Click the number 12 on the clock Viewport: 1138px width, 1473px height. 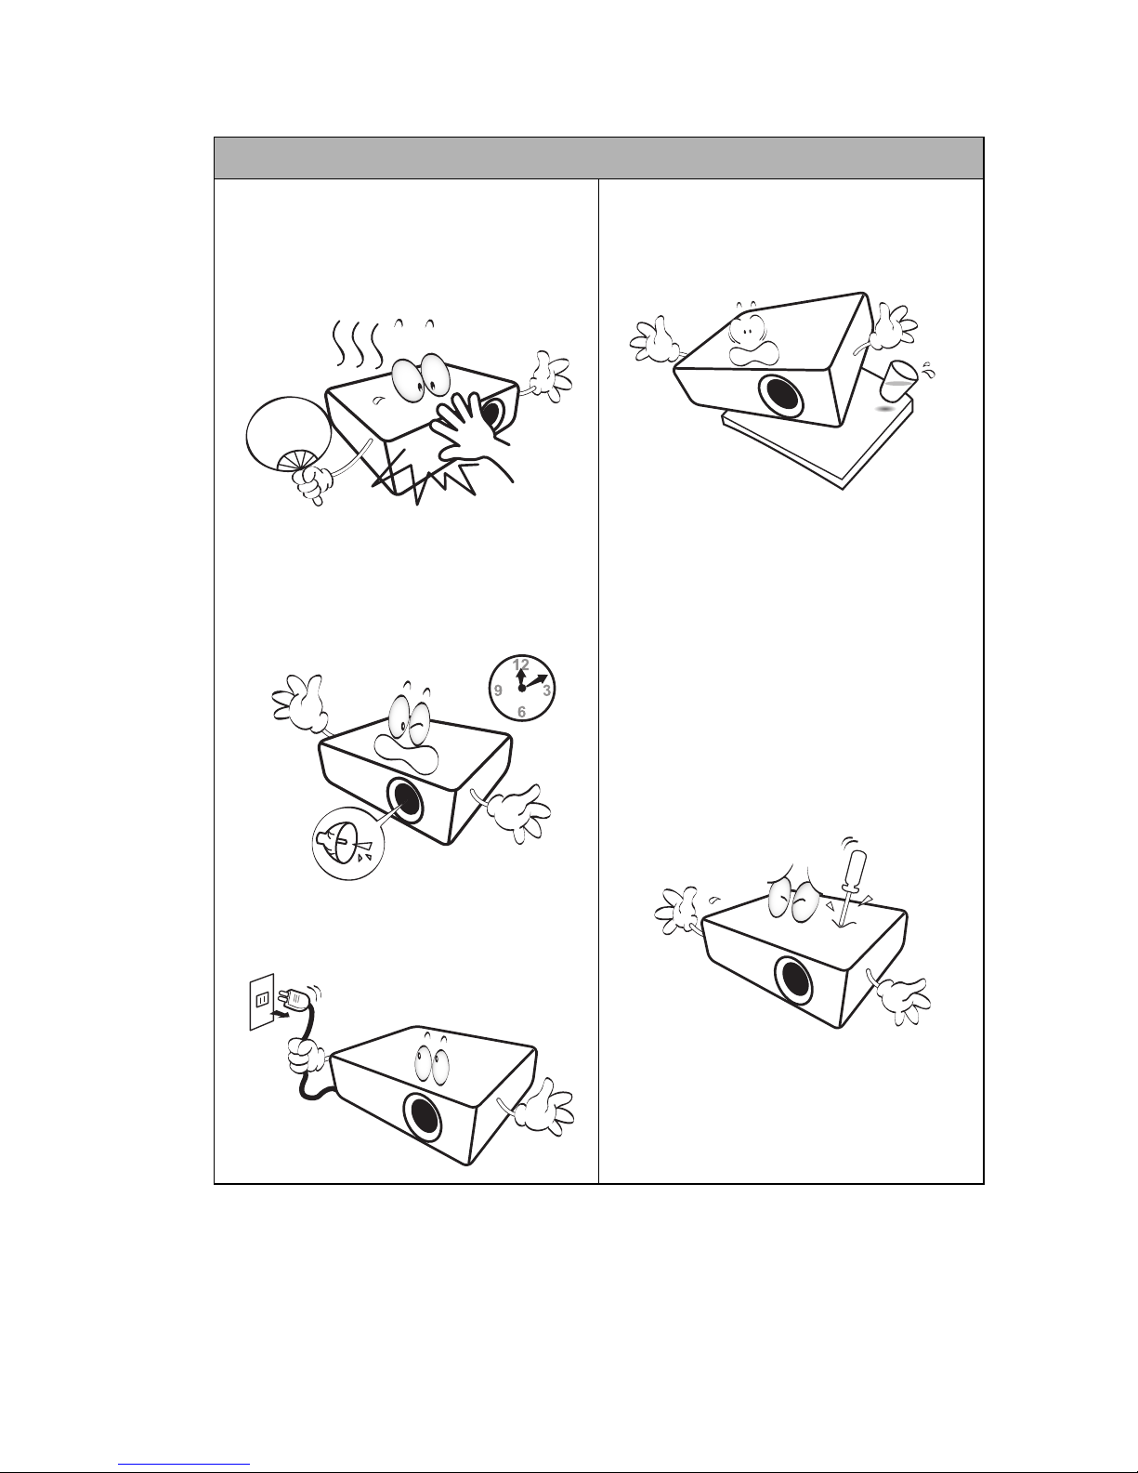click(521, 664)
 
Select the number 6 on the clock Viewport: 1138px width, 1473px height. click(521, 712)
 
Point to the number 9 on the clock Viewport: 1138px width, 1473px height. click(498, 690)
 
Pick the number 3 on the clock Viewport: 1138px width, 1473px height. click(546, 690)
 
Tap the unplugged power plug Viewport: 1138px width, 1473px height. click(299, 997)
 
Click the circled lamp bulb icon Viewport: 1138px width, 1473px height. click(348, 844)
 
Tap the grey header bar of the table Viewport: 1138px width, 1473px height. click(598, 158)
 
